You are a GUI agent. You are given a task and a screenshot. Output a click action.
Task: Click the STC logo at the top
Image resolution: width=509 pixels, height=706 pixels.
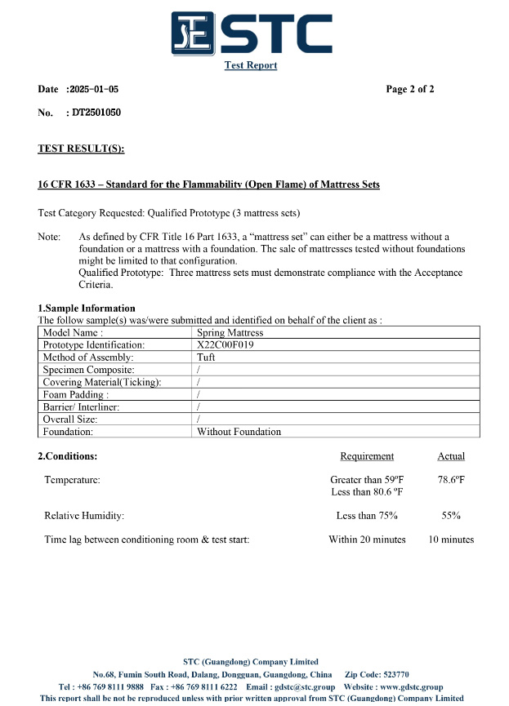point(251,33)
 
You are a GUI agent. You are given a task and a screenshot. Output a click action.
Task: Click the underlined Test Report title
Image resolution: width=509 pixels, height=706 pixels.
point(251,65)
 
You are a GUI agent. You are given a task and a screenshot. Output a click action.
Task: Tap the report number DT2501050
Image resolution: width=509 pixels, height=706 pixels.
point(96,113)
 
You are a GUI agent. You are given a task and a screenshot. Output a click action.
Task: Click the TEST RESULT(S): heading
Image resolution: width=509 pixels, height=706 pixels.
point(81,149)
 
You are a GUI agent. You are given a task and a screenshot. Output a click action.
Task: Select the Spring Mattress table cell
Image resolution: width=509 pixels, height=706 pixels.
point(230,333)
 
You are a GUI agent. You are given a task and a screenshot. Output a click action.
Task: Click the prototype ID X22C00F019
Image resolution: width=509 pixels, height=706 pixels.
point(226,345)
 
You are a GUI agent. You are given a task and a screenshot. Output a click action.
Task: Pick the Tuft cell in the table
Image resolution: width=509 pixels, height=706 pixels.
point(206,357)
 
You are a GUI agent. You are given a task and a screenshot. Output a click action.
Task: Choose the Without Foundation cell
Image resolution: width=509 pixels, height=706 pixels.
point(239,432)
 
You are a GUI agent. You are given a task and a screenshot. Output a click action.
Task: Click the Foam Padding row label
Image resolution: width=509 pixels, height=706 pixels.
point(75,395)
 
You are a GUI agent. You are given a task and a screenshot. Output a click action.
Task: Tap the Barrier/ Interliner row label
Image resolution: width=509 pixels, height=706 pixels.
point(81,407)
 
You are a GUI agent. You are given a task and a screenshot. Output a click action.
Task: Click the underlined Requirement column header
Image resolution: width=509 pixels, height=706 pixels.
point(367,456)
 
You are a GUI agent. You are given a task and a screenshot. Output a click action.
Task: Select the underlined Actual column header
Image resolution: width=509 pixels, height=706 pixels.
point(451,456)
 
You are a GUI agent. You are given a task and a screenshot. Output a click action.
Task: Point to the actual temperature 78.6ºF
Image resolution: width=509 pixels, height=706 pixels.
point(451,480)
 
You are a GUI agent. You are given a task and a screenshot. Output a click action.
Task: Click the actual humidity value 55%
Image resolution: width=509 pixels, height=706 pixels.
point(451,516)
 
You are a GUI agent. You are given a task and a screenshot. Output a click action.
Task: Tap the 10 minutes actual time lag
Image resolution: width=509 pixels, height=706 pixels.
point(451,539)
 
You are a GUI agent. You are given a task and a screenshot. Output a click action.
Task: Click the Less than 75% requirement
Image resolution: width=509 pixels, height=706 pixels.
point(367,516)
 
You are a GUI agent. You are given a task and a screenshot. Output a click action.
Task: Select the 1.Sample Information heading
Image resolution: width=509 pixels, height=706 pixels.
point(87,309)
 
